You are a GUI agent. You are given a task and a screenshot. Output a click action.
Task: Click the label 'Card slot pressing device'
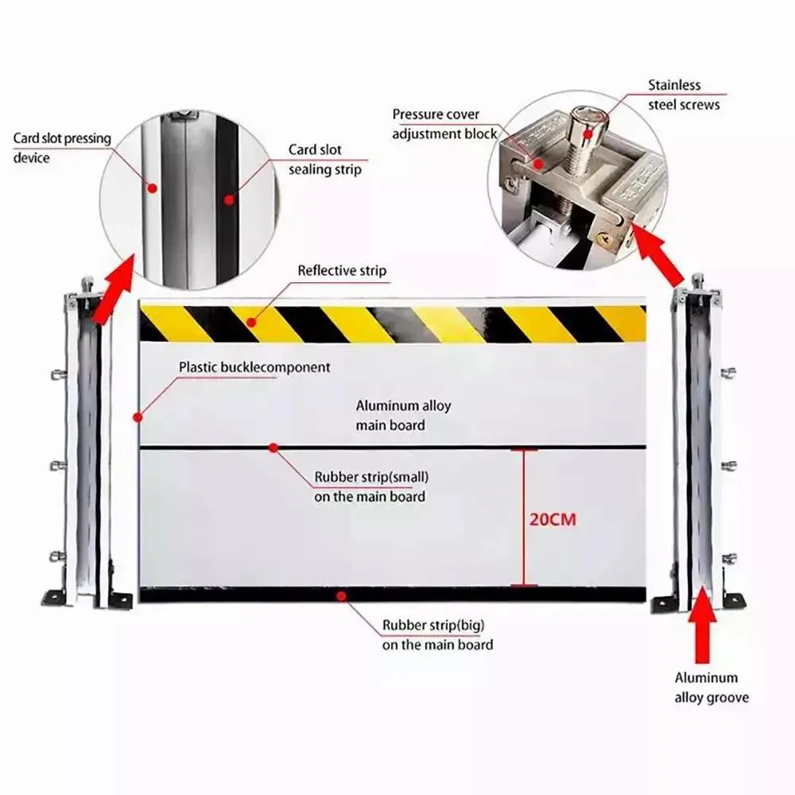click(61, 148)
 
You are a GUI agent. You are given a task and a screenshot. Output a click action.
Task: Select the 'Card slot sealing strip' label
click(324, 159)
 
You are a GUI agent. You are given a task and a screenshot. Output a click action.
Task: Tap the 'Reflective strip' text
click(342, 271)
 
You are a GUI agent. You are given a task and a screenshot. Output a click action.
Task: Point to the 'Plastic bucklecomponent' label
click(254, 367)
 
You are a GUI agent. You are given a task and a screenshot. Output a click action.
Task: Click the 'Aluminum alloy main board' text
click(403, 415)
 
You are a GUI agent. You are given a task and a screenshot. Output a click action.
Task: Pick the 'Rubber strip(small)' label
click(371, 487)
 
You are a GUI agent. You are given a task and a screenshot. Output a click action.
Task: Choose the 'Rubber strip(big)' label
click(437, 634)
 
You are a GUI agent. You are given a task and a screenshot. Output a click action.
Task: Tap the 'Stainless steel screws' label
click(684, 95)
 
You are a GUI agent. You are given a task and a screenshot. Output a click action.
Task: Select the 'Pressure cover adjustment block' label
click(444, 123)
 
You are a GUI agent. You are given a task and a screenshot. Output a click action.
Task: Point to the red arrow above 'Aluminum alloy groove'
click(704, 632)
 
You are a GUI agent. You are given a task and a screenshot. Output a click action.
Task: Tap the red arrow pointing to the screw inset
click(663, 254)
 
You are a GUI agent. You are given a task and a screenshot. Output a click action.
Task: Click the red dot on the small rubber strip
click(273, 448)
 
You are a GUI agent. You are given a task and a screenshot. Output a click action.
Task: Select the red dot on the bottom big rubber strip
click(340, 595)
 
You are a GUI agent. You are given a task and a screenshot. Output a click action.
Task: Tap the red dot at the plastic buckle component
click(138, 415)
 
